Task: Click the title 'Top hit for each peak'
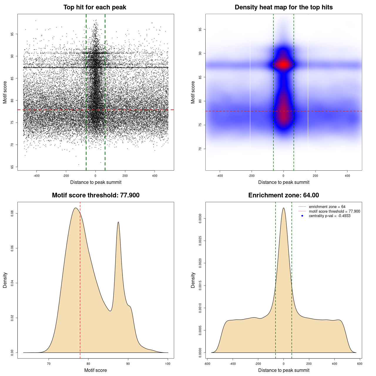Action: click(95, 7)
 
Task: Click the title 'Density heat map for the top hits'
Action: click(283, 7)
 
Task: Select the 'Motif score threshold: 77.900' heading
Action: click(95, 195)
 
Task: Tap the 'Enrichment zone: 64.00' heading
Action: click(283, 195)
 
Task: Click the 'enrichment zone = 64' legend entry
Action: click(327, 207)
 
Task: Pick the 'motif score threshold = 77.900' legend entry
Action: click(334, 211)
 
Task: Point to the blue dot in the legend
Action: click(302, 216)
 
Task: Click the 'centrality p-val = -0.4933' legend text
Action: click(330, 216)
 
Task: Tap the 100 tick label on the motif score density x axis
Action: click(168, 364)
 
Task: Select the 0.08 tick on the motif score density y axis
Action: click(12, 214)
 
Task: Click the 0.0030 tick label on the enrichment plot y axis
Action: click(200, 219)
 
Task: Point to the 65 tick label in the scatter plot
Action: click(12, 167)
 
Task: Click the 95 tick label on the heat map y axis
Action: click(200, 29)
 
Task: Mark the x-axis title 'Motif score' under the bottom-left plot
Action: click(95, 370)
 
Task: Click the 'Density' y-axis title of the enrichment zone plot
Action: click(193, 280)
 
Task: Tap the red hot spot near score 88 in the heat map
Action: click(283, 64)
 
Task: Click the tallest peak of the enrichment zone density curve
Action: click(283, 208)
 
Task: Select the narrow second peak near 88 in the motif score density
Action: click(118, 222)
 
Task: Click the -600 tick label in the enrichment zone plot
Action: click(207, 364)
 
